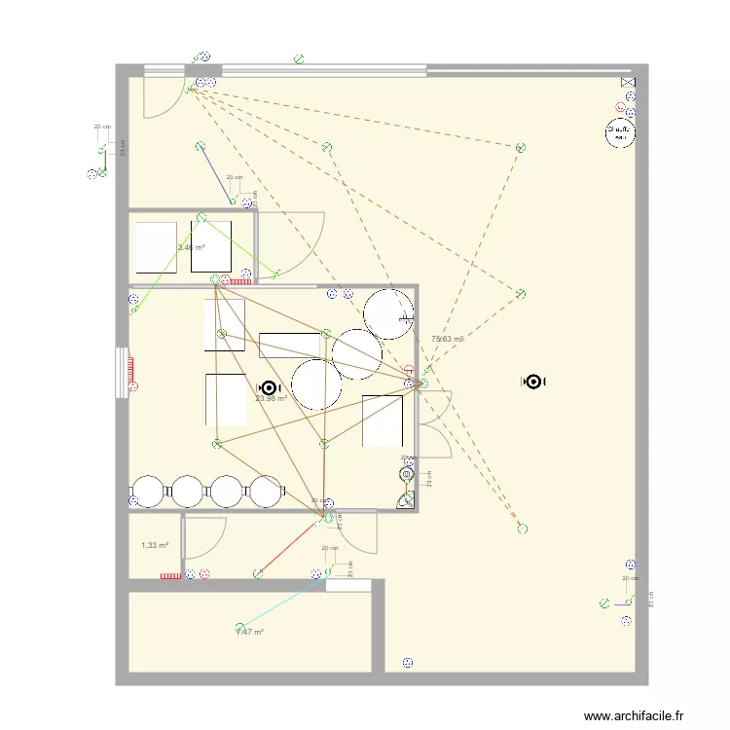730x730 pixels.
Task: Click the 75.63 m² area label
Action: tap(446, 339)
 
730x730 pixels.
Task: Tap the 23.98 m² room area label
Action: tap(271, 398)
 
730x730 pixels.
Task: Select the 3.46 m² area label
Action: tap(191, 247)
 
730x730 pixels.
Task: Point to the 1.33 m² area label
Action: tap(155, 545)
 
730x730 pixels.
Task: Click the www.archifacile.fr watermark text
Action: tap(634, 716)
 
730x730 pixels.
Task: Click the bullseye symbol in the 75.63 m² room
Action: tap(533, 383)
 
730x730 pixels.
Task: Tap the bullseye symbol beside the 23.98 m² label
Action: tap(269, 386)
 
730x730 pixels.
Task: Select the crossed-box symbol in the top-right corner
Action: tap(628, 85)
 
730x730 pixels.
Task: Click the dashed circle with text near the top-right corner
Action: tap(619, 131)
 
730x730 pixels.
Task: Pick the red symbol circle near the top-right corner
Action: tap(619, 107)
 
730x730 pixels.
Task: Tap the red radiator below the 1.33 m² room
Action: tap(170, 575)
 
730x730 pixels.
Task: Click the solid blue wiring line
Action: tap(216, 175)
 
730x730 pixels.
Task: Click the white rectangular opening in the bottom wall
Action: tap(347, 586)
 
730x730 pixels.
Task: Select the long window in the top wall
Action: tap(323, 70)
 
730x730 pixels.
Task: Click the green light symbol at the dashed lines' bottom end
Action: tap(523, 529)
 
